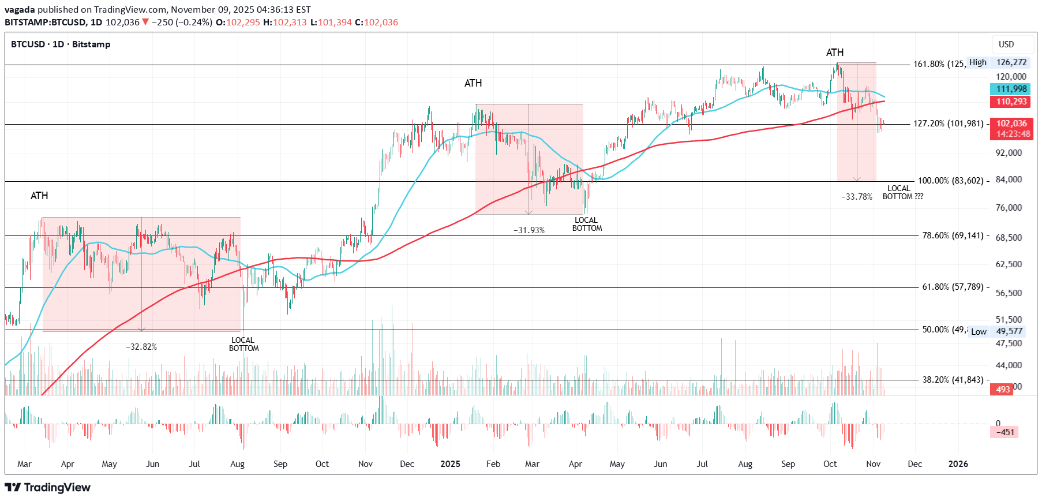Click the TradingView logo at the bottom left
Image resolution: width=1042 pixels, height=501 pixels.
(47, 488)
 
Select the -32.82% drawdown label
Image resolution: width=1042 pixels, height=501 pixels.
(141, 347)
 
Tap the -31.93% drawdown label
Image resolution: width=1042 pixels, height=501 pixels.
(529, 230)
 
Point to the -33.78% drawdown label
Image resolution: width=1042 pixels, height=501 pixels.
(857, 197)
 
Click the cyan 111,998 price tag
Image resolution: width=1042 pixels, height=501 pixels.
(1011, 89)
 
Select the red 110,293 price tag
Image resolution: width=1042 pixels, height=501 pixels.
(1011, 102)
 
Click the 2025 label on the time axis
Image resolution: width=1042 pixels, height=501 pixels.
(450, 464)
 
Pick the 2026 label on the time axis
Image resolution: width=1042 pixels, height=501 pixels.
(958, 464)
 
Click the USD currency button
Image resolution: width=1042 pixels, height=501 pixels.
(1006, 44)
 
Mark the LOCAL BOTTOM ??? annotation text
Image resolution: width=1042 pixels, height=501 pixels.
(902, 193)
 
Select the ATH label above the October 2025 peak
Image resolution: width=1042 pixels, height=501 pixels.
(835, 53)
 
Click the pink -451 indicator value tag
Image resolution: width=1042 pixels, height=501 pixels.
(1004, 432)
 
